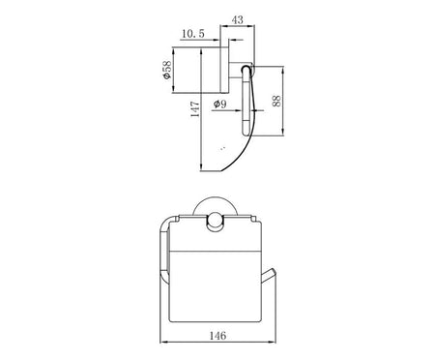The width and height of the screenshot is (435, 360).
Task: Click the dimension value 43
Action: click(x=238, y=20)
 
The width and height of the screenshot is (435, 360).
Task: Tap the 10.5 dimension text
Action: click(x=193, y=33)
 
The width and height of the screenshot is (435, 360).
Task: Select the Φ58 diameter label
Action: click(x=167, y=70)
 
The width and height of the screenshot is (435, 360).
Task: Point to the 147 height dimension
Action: click(x=195, y=108)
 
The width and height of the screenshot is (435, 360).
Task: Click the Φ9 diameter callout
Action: click(x=220, y=104)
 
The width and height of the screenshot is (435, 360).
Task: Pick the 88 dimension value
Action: click(x=276, y=101)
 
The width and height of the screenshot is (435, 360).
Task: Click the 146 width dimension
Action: click(x=218, y=336)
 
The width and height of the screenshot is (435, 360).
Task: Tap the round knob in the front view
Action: click(x=215, y=223)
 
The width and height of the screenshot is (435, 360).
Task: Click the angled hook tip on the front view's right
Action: click(x=273, y=271)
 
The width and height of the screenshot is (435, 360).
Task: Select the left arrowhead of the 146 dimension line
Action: click(x=163, y=342)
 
